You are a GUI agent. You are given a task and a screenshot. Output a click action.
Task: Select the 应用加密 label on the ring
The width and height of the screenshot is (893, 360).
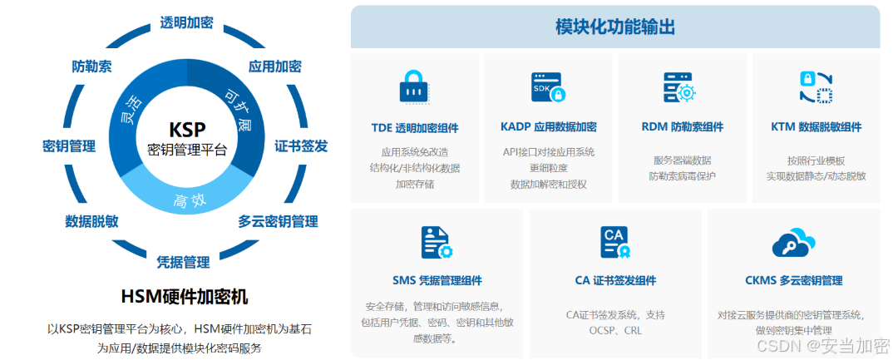pyautogui.click(x=274, y=67)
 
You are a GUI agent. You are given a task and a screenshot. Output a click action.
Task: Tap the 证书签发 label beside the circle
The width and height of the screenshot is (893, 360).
pyautogui.click(x=301, y=146)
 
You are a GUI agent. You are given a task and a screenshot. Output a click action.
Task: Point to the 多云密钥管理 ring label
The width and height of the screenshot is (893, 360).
pyautogui.click(x=278, y=221)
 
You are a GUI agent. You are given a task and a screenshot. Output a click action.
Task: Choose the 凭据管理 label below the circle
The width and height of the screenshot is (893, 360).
pyautogui.click(x=183, y=262)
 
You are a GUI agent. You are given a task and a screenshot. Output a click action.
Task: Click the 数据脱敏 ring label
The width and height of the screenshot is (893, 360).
pyautogui.click(x=91, y=221)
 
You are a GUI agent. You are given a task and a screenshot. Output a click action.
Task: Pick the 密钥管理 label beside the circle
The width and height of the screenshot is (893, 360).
pyautogui.click(x=68, y=146)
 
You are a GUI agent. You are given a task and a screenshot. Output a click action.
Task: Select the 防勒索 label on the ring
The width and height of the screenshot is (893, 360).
pyautogui.click(x=92, y=67)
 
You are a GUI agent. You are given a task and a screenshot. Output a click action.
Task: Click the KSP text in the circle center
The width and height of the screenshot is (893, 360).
pyautogui.click(x=186, y=130)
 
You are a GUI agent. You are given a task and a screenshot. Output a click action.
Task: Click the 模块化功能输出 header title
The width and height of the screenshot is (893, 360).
pyautogui.click(x=614, y=27)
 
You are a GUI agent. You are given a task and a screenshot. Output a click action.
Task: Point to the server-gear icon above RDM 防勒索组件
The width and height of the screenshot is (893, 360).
pyautogui.click(x=678, y=86)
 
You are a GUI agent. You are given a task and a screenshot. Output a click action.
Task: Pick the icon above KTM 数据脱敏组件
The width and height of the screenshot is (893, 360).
pyautogui.click(x=815, y=86)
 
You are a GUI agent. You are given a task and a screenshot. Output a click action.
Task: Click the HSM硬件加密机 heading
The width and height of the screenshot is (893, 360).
pyautogui.click(x=184, y=297)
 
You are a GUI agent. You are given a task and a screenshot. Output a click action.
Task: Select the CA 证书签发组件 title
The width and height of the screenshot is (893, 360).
pyautogui.click(x=615, y=280)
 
